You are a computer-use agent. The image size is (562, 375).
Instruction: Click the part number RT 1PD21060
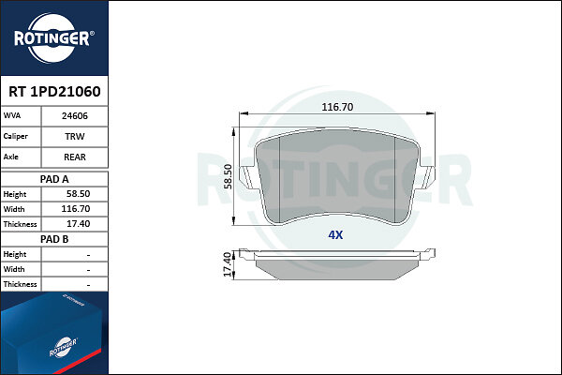(54, 92)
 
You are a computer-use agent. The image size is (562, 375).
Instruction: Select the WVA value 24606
(75, 116)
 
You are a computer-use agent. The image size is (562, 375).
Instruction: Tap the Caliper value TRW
(75, 136)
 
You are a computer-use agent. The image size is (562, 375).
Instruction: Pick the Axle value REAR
(75, 157)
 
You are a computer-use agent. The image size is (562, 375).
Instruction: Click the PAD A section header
(54, 179)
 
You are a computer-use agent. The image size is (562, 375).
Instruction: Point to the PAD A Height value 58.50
(78, 194)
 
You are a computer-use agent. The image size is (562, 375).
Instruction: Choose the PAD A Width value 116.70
(76, 209)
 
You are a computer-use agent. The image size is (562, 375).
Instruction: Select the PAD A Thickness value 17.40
(78, 224)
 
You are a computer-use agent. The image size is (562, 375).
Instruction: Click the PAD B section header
(54, 239)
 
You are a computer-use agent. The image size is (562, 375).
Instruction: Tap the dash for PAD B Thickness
(88, 285)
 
